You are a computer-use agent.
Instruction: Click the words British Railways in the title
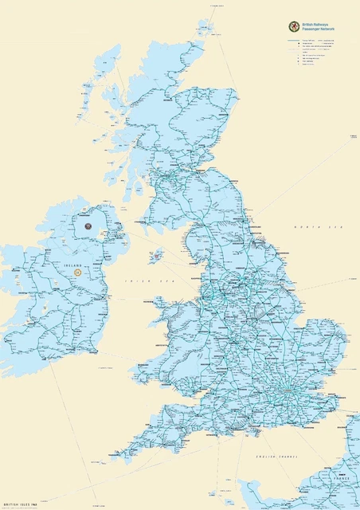click(x=319, y=24)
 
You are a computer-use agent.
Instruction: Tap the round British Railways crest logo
click(x=295, y=26)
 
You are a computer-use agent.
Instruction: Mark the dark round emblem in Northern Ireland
click(x=88, y=225)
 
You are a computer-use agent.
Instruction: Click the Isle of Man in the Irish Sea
click(x=157, y=257)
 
